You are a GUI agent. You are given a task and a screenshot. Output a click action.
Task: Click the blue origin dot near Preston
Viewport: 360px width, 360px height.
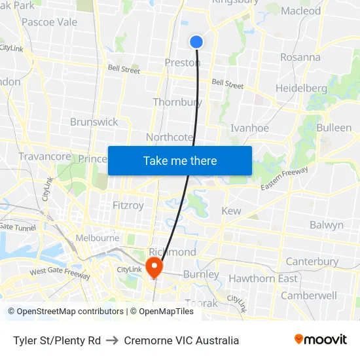(196, 42)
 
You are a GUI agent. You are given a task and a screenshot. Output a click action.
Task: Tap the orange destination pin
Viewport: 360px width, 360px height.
(154, 266)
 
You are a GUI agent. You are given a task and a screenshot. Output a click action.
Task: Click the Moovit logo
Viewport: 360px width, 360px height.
(321, 340)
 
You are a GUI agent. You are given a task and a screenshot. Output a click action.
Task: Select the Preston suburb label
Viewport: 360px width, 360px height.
(183, 63)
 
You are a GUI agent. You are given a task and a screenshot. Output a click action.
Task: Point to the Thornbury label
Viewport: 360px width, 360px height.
(177, 102)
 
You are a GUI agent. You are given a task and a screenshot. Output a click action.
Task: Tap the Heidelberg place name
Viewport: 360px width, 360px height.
(301, 88)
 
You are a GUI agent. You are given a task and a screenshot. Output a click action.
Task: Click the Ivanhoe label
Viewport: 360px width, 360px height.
(250, 128)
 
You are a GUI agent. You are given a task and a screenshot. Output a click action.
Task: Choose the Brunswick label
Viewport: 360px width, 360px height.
(94, 122)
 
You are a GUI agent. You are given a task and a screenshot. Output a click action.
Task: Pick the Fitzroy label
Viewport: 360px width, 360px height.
(128, 205)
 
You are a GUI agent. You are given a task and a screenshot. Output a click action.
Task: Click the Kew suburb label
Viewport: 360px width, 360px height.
(231, 211)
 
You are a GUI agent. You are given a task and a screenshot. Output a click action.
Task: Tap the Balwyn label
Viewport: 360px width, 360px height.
(327, 225)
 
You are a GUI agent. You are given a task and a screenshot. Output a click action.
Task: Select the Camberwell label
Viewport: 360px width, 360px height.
(309, 295)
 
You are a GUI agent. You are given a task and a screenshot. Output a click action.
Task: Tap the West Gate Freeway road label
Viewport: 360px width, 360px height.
(60, 274)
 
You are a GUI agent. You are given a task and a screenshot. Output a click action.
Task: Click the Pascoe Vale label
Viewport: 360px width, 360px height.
(49, 22)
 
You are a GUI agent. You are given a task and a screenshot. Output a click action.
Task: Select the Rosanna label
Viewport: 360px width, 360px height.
(300, 57)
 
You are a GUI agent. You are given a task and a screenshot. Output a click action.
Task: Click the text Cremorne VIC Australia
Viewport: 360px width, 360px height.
(181, 340)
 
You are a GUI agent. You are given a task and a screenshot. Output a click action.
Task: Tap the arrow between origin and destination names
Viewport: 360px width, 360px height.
(113, 340)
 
